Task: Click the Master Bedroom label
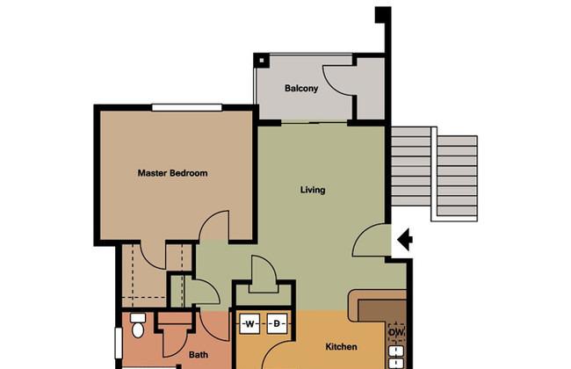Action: (172, 173)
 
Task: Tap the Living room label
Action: (313, 190)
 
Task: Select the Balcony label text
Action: (301, 88)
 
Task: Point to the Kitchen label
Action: (341, 347)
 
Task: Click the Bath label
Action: (199, 354)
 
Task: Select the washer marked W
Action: (249, 324)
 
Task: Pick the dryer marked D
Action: (277, 324)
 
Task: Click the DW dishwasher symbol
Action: (396, 333)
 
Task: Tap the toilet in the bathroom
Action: (138, 326)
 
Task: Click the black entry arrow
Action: (405, 240)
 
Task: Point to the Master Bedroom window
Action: (187, 107)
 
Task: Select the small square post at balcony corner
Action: (261, 61)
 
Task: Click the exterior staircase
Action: (434, 174)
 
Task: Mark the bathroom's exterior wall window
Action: (118, 344)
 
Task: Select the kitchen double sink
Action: (396, 357)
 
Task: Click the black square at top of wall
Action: (383, 15)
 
